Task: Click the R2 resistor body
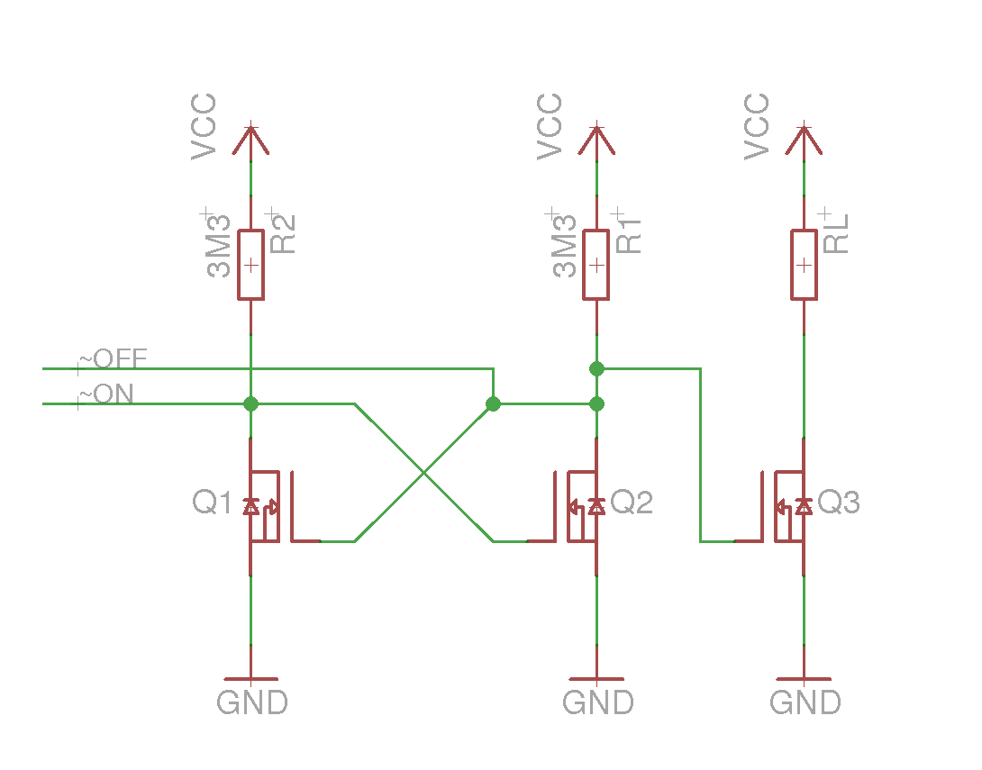click(x=250, y=265)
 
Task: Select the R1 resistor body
click(x=596, y=265)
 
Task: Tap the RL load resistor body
click(x=804, y=265)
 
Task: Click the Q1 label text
click(x=213, y=502)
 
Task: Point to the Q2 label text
click(x=632, y=502)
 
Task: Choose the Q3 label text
click(x=839, y=502)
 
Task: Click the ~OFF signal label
click(x=113, y=358)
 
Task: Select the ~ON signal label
click(x=105, y=394)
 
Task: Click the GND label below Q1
click(x=251, y=702)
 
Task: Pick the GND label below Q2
click(x=598, y=702)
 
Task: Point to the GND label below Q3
click(x=805, y=702)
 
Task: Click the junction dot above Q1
click(x=250, y=403)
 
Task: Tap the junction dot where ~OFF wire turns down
click(x=493, y=403)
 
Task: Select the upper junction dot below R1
click(x=596, y=368)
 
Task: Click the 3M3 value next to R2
click(x=219, y=245)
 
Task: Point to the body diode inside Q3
click(x=804, y=506)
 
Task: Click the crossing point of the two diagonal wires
click(x=424, y=473)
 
